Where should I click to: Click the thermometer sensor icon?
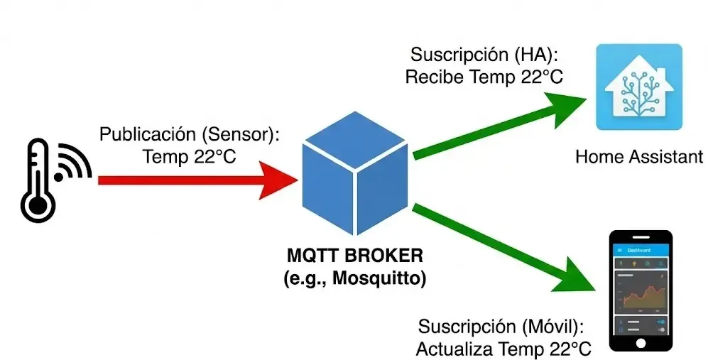pos(37,181)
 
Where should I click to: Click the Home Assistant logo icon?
pos(638,87)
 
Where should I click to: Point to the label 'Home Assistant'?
pos(638,156)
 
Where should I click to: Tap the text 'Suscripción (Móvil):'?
pos(501,327)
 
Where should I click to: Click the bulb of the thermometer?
pos(37,207)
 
